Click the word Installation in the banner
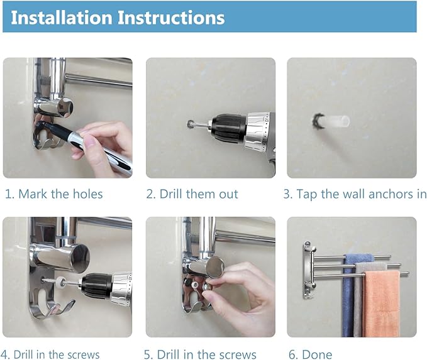tap(61, 18)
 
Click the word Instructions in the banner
tap(171, 18)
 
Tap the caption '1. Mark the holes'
tap(54, 194)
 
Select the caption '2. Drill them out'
tap(192, 194)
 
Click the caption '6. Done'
tap(310, 354)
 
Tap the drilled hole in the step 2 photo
tap(190, 124)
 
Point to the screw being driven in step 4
tap(52, 281)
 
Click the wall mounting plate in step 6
tap(308, 270)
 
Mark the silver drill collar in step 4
tap(122, 288)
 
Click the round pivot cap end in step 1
tap(65, 107)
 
